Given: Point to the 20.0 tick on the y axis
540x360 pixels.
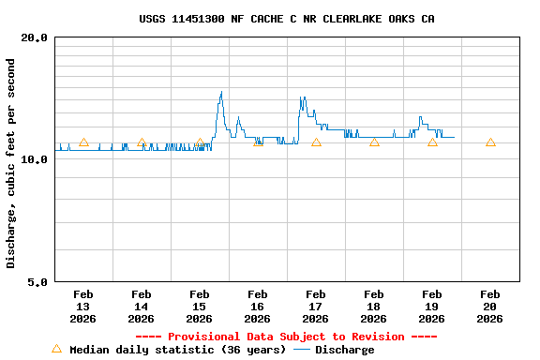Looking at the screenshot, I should (x=35, y=37).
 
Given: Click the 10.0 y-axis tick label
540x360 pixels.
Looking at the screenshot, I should (x=35, y=159).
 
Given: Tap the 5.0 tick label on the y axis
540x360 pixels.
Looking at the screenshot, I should (x=37, y=281).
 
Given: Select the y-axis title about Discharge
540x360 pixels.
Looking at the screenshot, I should (x=11, y=163).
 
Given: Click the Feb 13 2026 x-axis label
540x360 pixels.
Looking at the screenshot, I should (x=82, y=307).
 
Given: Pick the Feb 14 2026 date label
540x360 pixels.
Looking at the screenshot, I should (x=141, y=307).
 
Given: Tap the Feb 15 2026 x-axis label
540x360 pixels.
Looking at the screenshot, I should (x=199, y=307).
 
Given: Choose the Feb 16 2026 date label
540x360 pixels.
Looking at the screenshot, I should (x=257, y=307).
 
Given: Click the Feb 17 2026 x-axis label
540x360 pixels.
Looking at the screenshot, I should (x=315, y=307).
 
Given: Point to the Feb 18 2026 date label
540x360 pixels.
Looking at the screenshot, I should (x=373, y=307).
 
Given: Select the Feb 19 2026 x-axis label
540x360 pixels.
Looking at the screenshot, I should (x=431, y=307).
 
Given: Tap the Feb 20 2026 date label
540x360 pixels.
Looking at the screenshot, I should (x=489, y=307).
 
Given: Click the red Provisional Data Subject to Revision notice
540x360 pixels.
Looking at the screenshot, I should (x=286, y=337).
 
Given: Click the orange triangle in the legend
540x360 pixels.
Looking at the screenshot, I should (x=56, y=349).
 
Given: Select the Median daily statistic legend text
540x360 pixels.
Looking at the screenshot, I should (x=177, y=350).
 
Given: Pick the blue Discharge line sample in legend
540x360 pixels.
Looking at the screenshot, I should (x=301, y=350).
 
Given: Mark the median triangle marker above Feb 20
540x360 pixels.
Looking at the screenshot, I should (x=490, y=142).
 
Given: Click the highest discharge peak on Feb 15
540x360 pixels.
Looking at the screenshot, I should (x=221, y=92).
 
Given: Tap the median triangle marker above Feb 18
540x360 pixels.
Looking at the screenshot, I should (x=374, y=142).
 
